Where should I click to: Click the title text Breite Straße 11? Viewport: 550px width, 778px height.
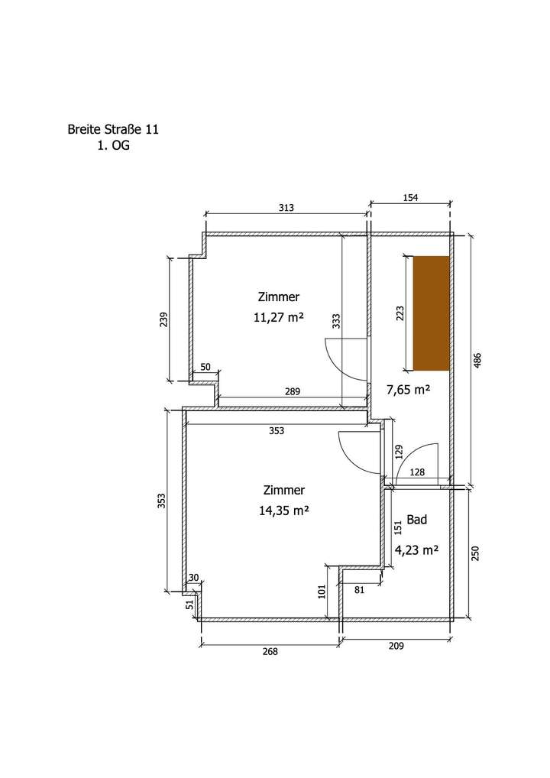113,129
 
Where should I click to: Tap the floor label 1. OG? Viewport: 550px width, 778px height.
114,146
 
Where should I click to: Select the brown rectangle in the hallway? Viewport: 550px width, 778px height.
432,313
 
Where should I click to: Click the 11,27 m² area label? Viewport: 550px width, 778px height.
278,317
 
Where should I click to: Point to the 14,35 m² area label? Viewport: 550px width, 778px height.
283,510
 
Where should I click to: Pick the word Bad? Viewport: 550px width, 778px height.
416,520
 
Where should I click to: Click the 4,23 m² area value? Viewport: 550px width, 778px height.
416,549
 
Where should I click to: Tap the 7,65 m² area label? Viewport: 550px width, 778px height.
408,390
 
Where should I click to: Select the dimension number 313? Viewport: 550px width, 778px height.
286,208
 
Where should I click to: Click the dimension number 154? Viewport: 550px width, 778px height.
410,197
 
